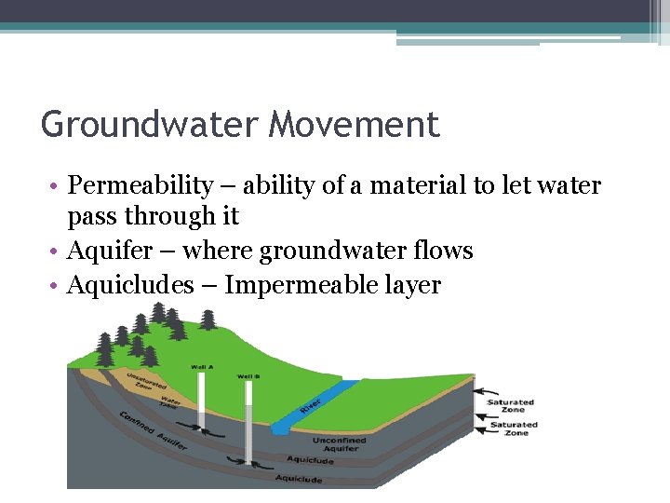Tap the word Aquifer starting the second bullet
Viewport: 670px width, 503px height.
tap(114, 251)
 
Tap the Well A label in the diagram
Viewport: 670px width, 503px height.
tap(203, 367)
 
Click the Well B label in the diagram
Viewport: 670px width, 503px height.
tap(248, 376)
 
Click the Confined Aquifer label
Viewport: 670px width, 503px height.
tap(154, 429)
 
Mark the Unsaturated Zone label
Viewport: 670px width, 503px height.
tap(146, 384)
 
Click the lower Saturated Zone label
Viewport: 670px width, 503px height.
tap(511, 428)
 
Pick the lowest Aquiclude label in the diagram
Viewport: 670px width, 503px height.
tap(299, 479)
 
